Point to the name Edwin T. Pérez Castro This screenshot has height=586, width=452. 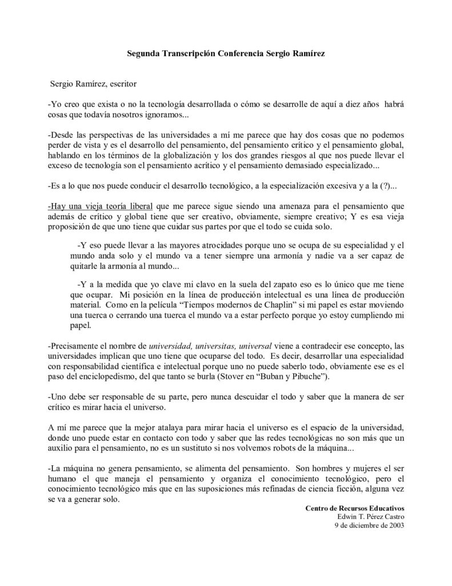(x=371, y=517)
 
